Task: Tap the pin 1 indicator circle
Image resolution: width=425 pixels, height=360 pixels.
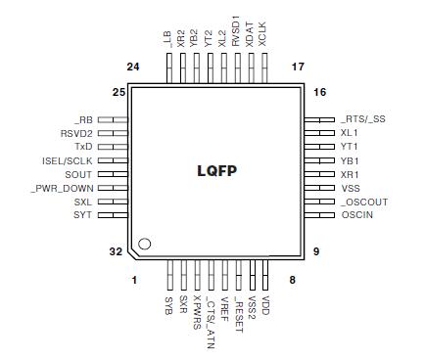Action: (x=145, y=243)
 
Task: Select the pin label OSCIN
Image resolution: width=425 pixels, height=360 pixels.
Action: (x=356, y=214)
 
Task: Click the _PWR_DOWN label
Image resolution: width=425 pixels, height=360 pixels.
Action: (x=62, y=187)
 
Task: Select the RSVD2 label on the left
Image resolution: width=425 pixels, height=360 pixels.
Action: (x=76, y=132)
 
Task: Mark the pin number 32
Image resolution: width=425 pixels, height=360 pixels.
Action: (x=116, y=251)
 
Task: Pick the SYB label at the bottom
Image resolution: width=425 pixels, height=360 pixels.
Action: (x=169, y=306)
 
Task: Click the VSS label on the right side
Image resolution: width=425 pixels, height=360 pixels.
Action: (x=351, y=187)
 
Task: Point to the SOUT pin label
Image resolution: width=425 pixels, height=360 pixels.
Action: (x=79, y=173)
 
